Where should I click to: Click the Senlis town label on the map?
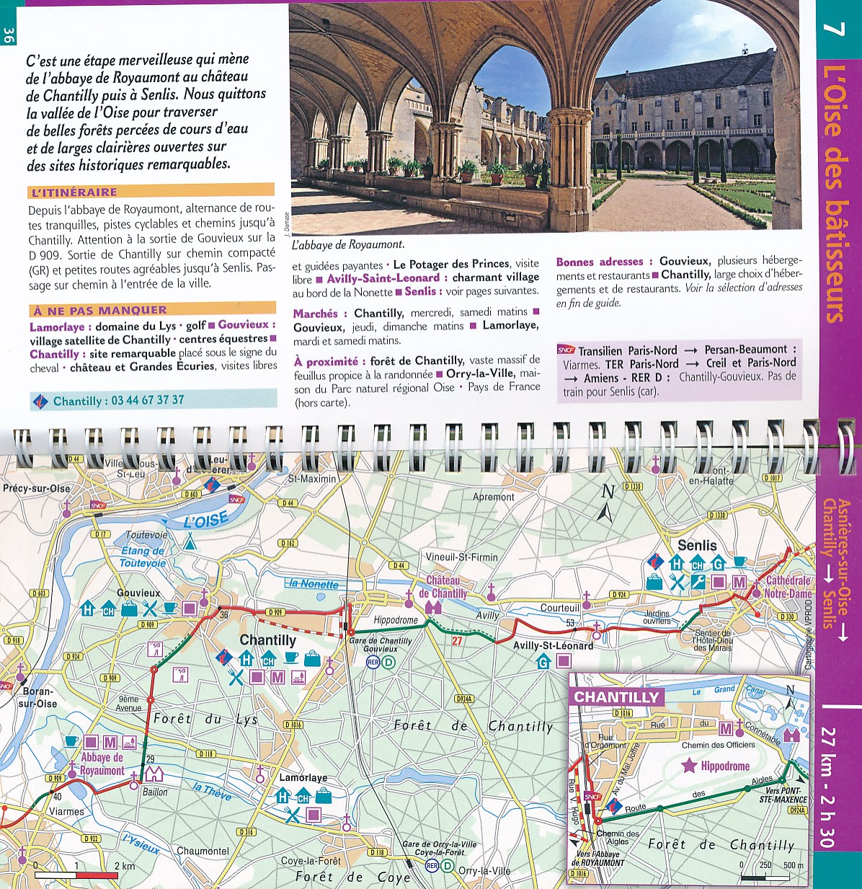point(697,545)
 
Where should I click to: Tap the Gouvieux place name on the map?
point(138,593)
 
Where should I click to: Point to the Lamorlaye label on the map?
point(303,778)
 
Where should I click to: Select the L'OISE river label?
point(206,520)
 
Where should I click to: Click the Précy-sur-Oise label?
point(37,488)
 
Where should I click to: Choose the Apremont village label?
point(493,497)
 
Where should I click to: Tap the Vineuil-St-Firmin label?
point(461,557)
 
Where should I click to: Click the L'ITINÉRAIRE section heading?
point(74,192)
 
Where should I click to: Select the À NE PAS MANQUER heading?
point(99,310)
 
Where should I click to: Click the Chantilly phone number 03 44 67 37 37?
point(147,400)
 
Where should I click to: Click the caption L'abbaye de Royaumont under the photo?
point(348,244)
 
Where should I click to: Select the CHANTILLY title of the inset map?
point(616,697)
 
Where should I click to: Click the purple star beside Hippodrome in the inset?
point(690,766)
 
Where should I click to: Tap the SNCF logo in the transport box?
point(566,350)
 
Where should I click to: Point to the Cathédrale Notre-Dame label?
point(788,587)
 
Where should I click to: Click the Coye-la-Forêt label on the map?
point(311,860)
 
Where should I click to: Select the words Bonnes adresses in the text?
point(599,262)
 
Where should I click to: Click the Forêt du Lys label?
point(205,719)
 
